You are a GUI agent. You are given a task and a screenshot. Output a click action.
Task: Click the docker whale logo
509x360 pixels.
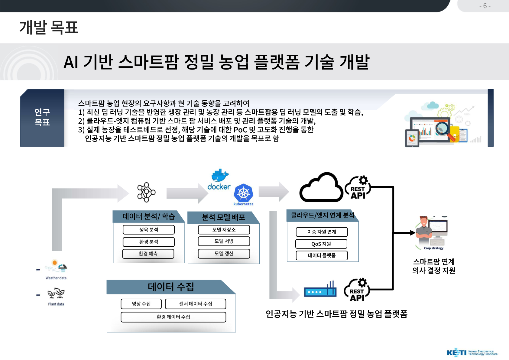click(x=220, y=175)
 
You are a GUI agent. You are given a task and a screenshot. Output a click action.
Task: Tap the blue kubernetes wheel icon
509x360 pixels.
click(x=244, y=193)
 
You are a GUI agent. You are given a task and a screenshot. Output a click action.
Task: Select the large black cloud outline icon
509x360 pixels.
click(x=321, y=187)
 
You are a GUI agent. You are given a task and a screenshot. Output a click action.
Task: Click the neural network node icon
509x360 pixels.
click(x=146, y=192)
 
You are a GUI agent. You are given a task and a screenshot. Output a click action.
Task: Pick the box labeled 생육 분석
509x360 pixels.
click(x=149, y=229)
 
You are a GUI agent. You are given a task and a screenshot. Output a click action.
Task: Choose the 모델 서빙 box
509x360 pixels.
click(x=224, y=241)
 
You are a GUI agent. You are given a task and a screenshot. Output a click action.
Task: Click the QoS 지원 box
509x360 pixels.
click(x=321, y=244)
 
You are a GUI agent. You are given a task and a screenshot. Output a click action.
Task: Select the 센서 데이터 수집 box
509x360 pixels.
click(x=196, y=304)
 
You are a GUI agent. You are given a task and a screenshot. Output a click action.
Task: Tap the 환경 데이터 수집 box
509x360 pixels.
click(x=173, y=317)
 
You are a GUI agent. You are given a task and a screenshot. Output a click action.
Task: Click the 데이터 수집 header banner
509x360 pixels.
click(x=171, y=287)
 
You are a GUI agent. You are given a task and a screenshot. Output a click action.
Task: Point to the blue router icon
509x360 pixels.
click(x=320, y=289)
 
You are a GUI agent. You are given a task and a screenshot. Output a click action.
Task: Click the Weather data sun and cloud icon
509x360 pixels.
click(x=56, y=265)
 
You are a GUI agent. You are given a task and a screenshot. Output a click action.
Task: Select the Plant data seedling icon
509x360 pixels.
click(x=56, y=293)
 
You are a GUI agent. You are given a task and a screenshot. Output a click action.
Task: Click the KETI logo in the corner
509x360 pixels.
click(x=472, y=352)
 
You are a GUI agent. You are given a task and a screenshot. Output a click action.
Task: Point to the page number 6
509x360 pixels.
click(x=485, y=6)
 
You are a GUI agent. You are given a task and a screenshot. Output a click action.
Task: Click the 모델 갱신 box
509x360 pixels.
click(x=224, y=254)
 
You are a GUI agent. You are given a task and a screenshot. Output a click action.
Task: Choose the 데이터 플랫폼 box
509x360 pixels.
click(x=322, y=255)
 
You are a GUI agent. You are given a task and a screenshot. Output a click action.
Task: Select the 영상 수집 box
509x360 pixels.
click(x=141, y=304)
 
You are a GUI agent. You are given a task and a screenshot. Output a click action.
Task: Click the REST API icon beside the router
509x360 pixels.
click(x=357, y=290)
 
